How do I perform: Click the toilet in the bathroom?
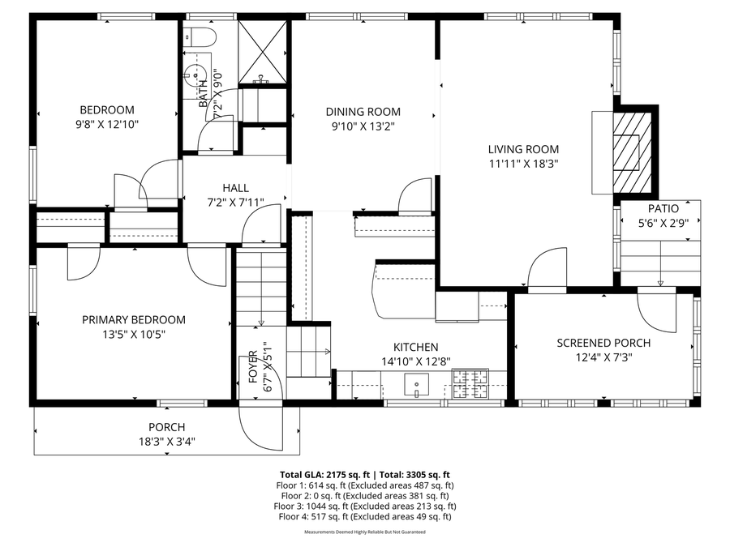coord(200,37)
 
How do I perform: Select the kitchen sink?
coord(416,385)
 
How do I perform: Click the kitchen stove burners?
coord(470,384)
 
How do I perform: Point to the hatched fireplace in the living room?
coord(631,152)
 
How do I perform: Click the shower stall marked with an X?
coord(262,52)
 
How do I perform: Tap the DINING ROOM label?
coord(363,112)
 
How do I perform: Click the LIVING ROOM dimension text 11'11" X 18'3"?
coord(523,164)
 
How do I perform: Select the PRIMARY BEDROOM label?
coord(134,319)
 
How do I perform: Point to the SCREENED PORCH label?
coord(603,343)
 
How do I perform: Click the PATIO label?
coord(663,208)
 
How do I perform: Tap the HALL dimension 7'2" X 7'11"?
coord(235,203)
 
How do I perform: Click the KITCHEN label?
coord(416,347)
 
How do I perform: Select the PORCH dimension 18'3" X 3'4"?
coord(166,442)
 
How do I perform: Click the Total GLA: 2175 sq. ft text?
coord(324,475)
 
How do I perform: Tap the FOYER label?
coord(253,367)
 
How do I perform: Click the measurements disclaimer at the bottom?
coord(365,532)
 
